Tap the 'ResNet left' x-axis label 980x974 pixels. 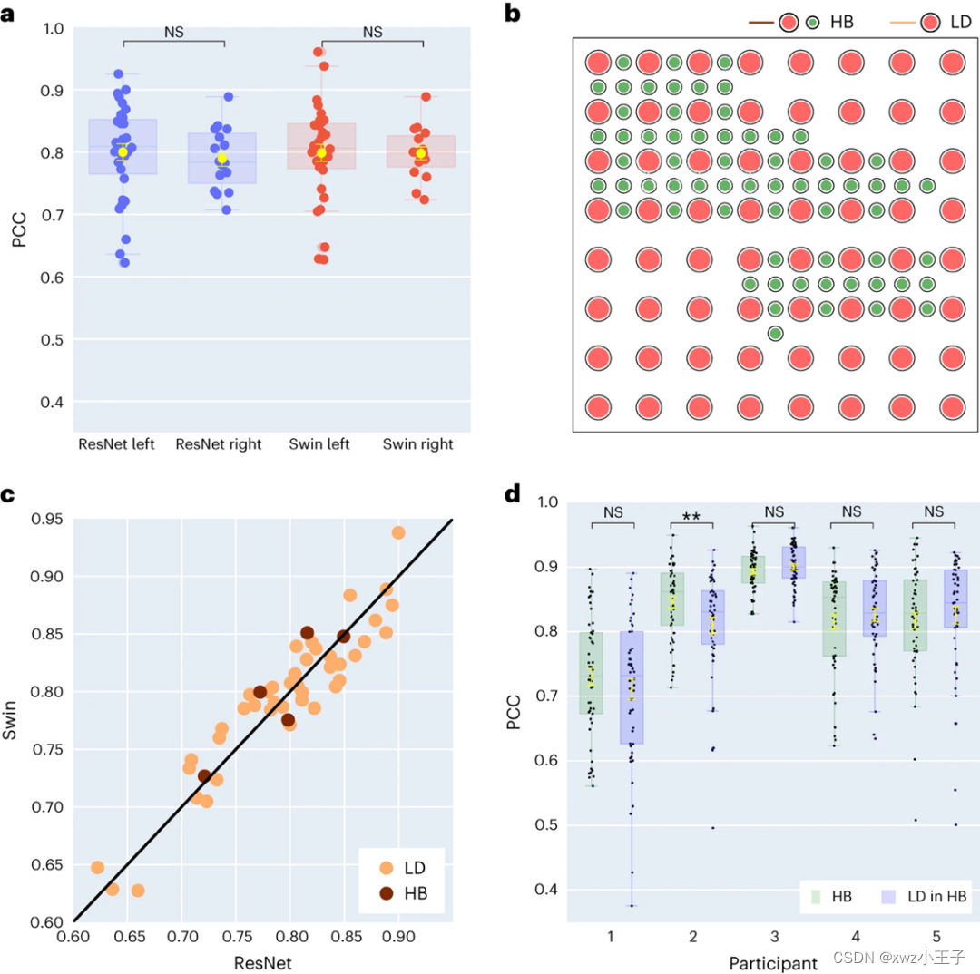point(117,444)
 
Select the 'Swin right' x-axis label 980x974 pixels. point(416,444)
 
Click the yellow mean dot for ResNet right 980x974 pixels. point(221,158)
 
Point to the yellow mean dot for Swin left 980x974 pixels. point(321,152)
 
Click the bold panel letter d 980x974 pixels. point(513,494)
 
